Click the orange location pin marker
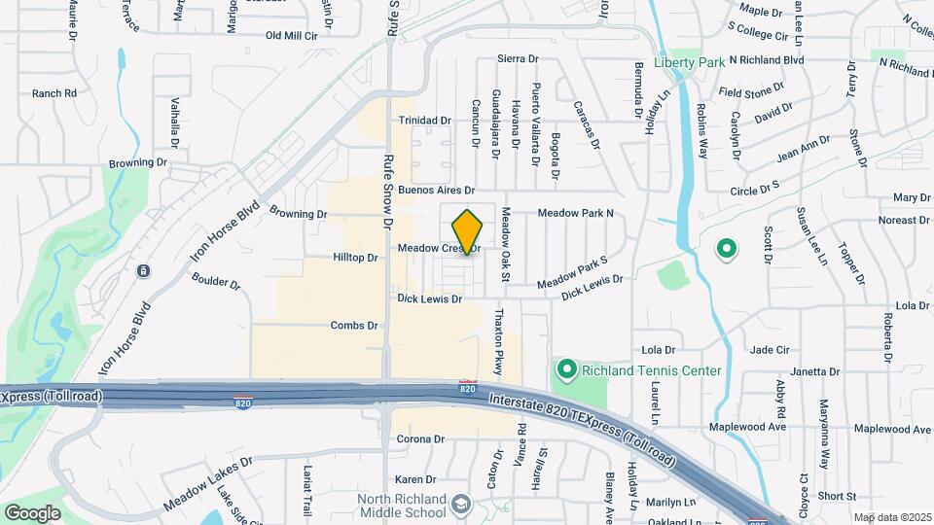(x=467, y=231)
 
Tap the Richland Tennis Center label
(x=652, y=370)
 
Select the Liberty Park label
(x=690, y=62)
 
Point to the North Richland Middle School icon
(x=462, y=504)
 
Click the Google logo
(x=32, y=511)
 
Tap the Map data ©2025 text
(x=891, y=517)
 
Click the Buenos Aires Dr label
(x=435, y=191)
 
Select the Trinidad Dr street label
(x=425, y=121)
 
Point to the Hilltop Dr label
(x=354, y=258)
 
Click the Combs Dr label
(x=353, y=326)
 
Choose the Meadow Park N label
(x=577, y=213)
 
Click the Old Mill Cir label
(x=292, y=35)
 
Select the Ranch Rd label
(x=54, y=93)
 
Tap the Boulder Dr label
(x=214, y=284)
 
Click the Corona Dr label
(x=421, y=439)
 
